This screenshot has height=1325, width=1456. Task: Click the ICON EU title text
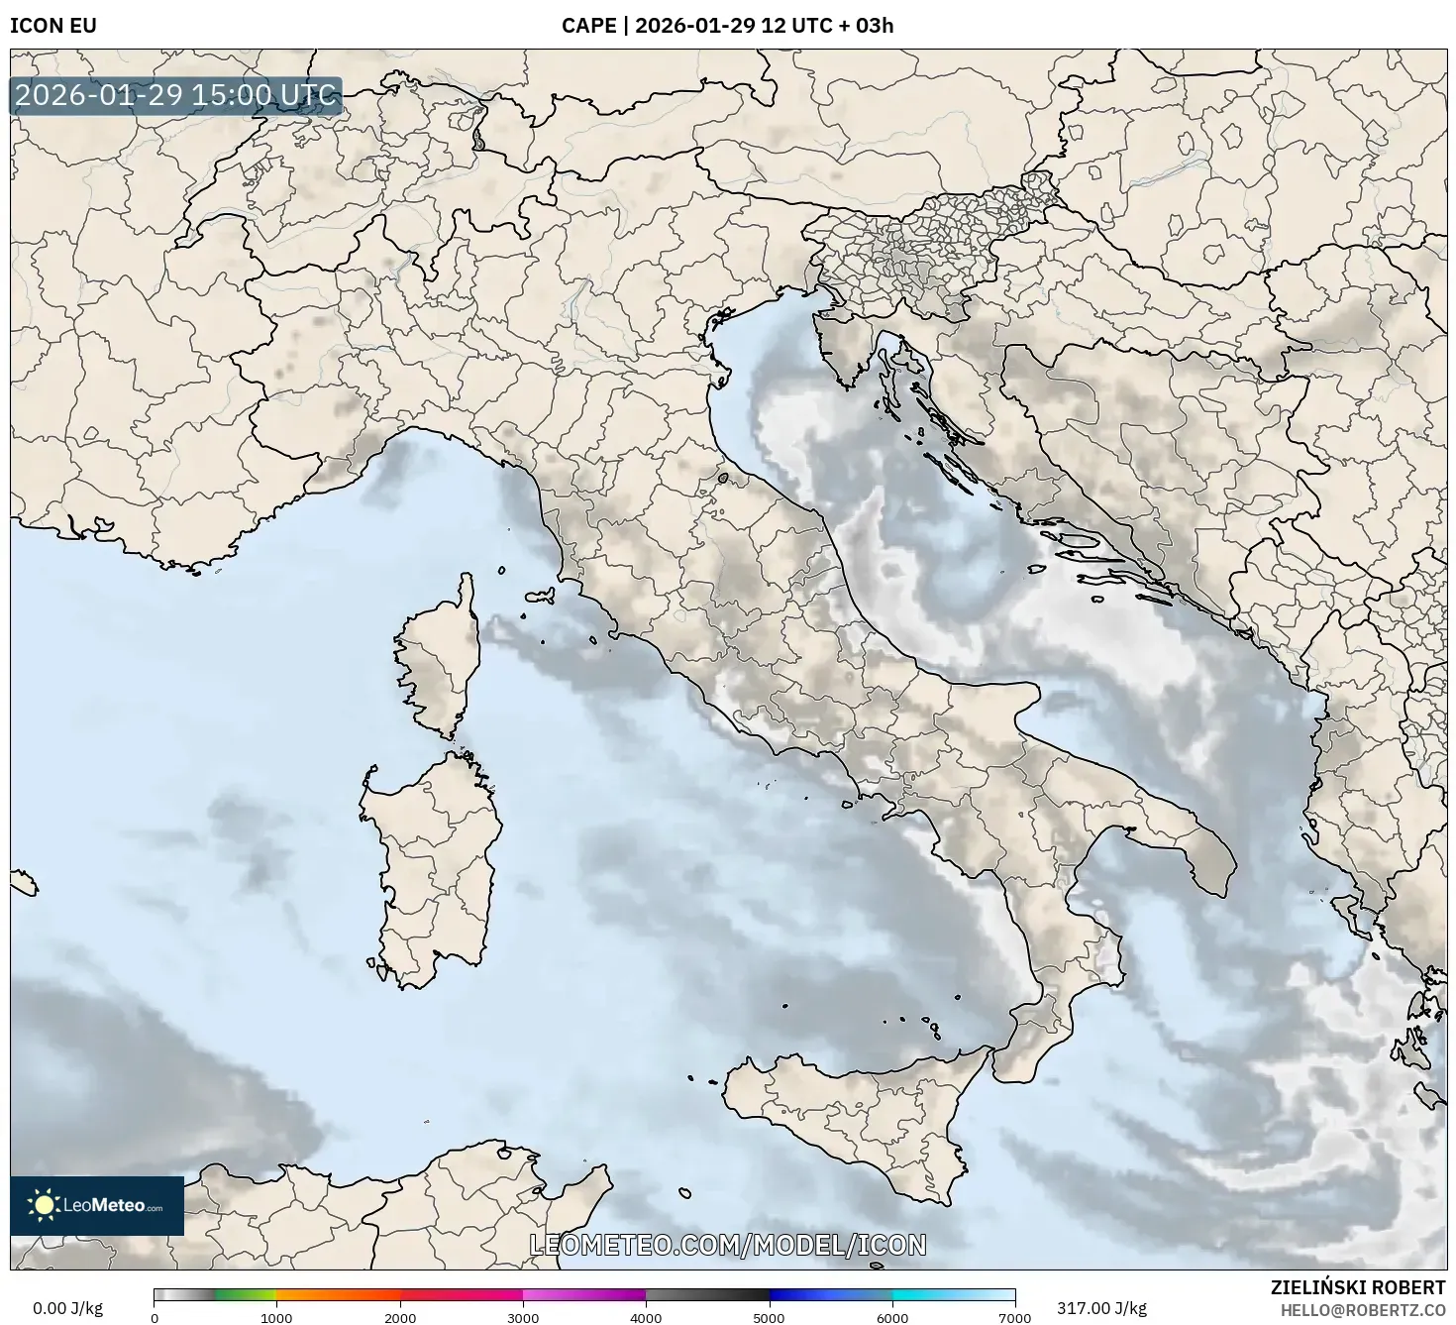(x=53, y=25)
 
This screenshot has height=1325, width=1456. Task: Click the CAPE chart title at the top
(x=727, y=25)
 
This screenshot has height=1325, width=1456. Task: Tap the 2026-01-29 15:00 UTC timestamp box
(x=176, y=96)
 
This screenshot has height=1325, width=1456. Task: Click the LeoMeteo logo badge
(x=97, y=1205)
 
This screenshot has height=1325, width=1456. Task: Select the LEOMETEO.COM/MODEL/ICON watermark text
(x=728, y=1245)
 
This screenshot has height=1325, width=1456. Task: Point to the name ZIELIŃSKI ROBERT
(x=1358, y=1287)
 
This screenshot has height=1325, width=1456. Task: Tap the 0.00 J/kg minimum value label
(x=67, y=1308)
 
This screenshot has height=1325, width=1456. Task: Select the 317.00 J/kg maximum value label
(x=1101, y=1308)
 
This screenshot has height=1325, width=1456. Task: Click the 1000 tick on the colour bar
(x=276, y=1317)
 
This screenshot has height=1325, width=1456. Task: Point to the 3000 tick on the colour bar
(x=523, y=1317)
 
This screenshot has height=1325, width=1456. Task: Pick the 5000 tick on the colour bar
(x=769, y=1317)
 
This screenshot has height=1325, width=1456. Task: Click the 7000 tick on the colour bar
(x=1015, y=1317)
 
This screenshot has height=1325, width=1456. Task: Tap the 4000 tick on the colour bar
(x=646, y=1317)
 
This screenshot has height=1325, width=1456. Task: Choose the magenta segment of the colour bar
(x=584, y=1294)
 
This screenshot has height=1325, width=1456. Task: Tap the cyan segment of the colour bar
(x=951, y=1294)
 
